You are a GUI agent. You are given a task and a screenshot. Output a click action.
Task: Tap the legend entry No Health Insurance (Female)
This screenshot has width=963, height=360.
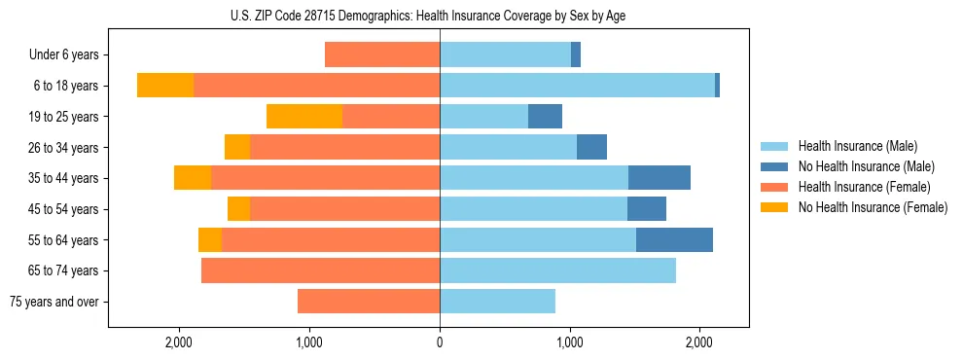pyautogui.click(x=873, y=207)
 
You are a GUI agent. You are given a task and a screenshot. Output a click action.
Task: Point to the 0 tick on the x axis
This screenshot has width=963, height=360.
pyautogui.click(x=440, y=342)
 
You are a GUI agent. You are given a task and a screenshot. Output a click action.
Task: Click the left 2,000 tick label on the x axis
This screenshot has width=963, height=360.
pyautogui.click(x=179, y=342)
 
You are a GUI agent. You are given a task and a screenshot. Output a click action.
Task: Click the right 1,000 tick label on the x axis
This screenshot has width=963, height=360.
pyautogui.click(x=570, y=342)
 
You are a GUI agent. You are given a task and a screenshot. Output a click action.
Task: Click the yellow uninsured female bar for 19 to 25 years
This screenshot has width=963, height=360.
pyautogui.click(x=304, y=116)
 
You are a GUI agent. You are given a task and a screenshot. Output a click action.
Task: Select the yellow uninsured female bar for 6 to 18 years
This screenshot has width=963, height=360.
pyautogui.click(x=165, y=86)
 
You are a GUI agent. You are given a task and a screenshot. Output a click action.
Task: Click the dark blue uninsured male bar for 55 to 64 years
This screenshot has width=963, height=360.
pyautogui.click(x=674, y=239)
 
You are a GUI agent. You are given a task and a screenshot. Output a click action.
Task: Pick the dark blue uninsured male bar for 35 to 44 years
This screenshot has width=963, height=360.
pyautogui.click(x=660, y=178)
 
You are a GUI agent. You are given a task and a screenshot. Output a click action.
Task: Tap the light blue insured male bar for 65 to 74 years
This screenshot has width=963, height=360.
pyautogui.click(x=557, y=270)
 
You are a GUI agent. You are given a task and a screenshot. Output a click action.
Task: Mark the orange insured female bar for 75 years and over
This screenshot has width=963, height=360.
pyautogui.click(x=369, y=302)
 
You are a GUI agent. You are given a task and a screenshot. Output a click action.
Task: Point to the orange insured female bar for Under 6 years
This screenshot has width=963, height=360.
pyautogui.click(x=382, y=55)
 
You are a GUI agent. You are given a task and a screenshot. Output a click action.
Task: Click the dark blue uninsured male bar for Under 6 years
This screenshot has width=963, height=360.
pyautogui.click(x=576, y=55)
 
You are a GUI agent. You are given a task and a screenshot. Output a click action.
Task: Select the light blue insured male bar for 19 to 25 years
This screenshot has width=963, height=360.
pyautogui.click(x=483, y=116)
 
